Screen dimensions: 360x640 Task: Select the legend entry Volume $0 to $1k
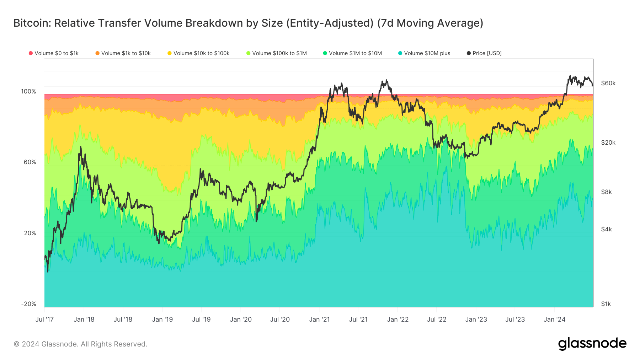click(x=54, y=53)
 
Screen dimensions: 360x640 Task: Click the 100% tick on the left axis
click(x=28, y=91)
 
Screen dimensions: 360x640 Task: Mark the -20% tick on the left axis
click(x=28, y=304)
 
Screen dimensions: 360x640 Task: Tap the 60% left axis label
click(x=30, y=162)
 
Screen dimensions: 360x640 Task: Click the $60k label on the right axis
click(x=608, y=83)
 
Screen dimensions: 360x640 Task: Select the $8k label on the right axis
click(x=607, y=192)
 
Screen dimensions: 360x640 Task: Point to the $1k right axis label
click(x=606, y=304)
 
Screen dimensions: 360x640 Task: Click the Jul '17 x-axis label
click(x=44, y=319)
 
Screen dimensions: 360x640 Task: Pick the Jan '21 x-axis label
click(x=319, y=319)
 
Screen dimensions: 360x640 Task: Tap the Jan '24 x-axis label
click(x=554, y=319)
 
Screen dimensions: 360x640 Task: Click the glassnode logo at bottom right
click(x=592, y=343)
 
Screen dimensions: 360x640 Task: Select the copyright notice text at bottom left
click(x=80, y=344)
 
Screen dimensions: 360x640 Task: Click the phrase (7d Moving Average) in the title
click(x=430, y=23)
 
